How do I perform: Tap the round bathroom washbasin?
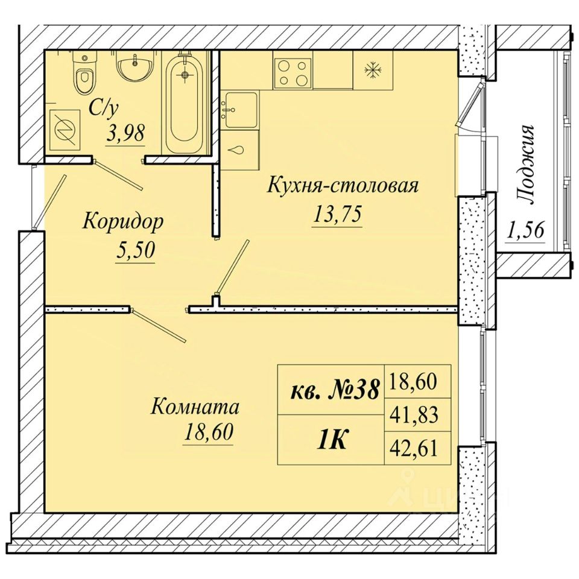pyautogui.click(x=134, y=66)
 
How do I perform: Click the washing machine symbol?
pyautogui.click(x=65, y=130)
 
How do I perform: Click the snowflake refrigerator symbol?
pyautogui.click(x=373, y=70)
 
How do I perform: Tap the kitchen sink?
pyautogui.click(x=241, y=110)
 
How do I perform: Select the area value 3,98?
pyautogui.click(x=125, y=133)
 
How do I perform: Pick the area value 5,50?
pyautogui.click(x=135, y=251)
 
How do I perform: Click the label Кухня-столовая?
pyautogui.click(x=343, y=185)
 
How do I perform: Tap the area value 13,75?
pyautogui.click(x=337, y=215)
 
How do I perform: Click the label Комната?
pyautogui.click(x=195, y=407)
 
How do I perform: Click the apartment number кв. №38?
pyautogui.click(x=335, y=390)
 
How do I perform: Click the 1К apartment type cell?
pyautogui.click(x=331, y=440)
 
